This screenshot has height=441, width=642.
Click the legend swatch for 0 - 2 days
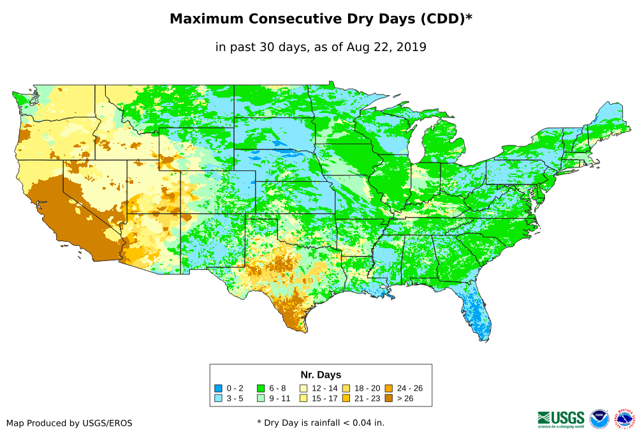click(x=219, y=388)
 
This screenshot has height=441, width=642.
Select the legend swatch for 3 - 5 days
click(x=219, y=399)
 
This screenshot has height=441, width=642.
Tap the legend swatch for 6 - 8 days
click(x=261, y=388)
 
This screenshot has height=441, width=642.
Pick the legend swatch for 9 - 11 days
click(x=261, y=399)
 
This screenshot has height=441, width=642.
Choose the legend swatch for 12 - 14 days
click(x=303, y=388)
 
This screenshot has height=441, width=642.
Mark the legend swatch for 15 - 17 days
click(x=303, y=399)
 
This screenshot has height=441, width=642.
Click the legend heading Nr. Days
click(x=321, y=375)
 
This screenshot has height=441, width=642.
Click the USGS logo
click(x=561, y=418)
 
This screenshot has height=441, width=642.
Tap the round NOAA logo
click(x=599, y=419)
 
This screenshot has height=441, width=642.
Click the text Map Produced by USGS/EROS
click(x=69, y=422)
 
